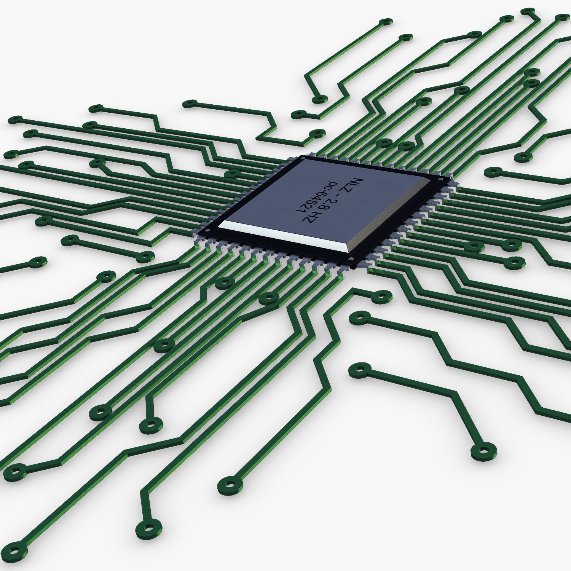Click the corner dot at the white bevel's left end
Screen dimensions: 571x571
click(207, 230)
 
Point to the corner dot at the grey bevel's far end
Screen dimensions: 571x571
click(441, 179)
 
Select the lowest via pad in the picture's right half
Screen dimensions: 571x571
click(483, 451)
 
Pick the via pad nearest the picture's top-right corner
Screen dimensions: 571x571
click(562, 18)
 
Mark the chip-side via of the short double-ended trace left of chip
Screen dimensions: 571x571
click(145, 257)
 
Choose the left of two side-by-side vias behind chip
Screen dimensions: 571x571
click(384, 143)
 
